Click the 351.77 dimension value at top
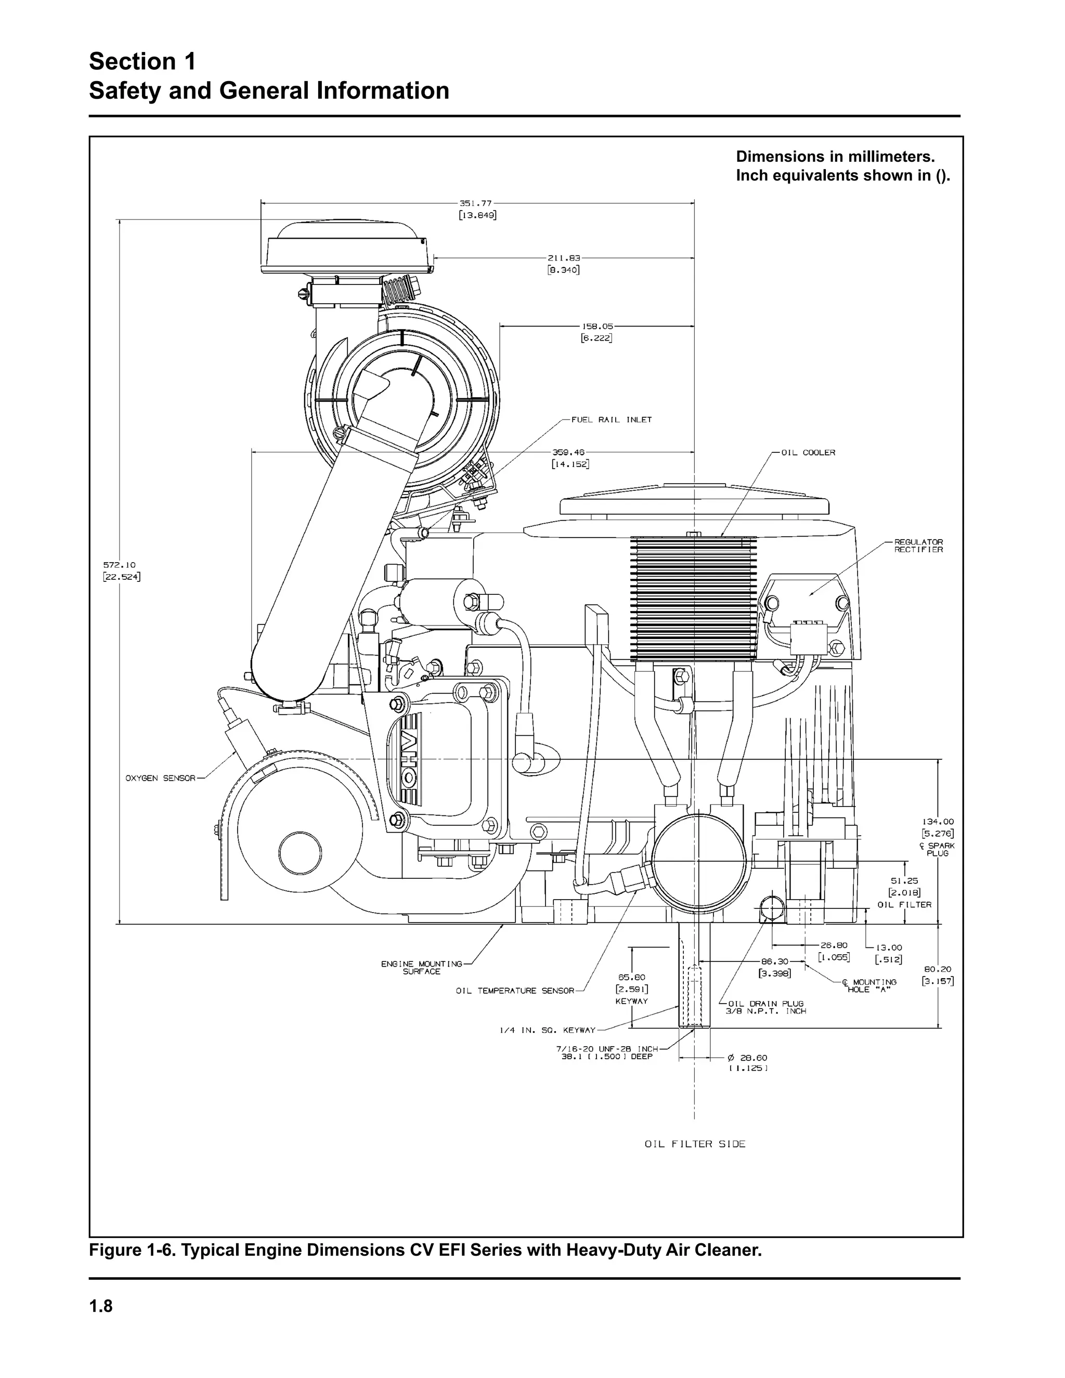(476, 203)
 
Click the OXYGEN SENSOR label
(160, 778)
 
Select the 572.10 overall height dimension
(120, 565)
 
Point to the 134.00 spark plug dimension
(938, 822)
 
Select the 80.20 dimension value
(938, 969)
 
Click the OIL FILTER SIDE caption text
(695, 1144)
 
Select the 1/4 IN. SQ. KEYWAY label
(547, 1030)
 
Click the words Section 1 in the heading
(142, 62)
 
